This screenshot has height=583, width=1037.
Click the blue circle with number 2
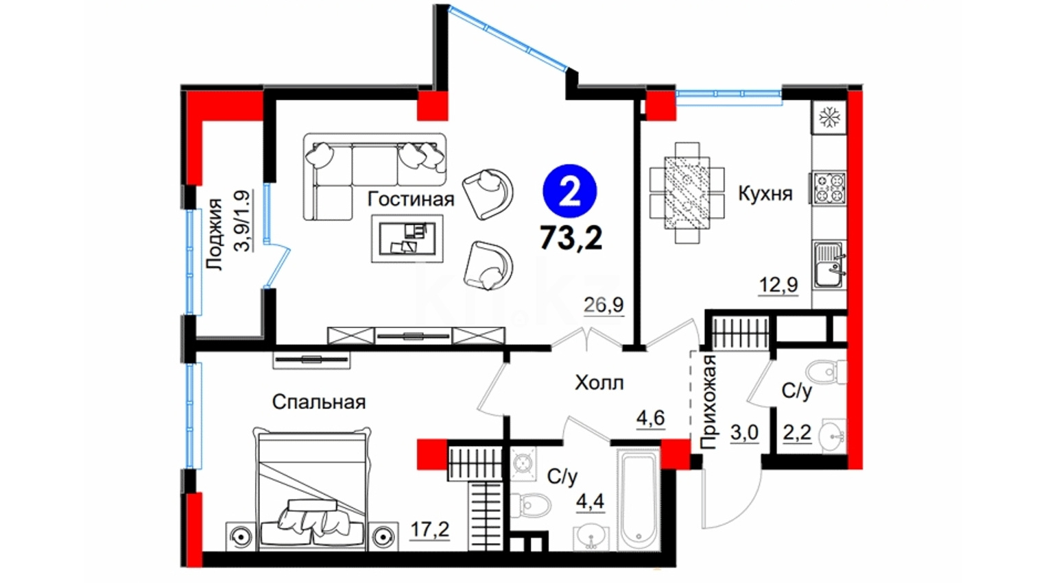570,190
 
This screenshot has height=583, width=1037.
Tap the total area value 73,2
571,238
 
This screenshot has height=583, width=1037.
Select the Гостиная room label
411,199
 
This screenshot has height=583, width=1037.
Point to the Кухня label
765,193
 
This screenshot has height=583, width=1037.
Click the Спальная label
319,401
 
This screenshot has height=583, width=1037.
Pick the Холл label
599,383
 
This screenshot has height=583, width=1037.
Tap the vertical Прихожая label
708,402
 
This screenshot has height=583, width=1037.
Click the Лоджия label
215,234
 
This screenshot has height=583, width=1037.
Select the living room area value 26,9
604,305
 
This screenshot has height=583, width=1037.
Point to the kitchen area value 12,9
778,285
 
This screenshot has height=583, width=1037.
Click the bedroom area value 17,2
430,530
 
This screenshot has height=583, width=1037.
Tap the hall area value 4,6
650,418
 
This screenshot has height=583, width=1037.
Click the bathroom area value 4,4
591,501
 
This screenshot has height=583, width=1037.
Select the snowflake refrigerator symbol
829,117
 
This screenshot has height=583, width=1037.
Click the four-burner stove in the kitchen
829,188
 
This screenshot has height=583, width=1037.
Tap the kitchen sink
830,265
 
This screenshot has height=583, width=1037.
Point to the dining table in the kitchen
687,193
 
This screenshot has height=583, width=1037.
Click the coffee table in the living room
407,238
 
